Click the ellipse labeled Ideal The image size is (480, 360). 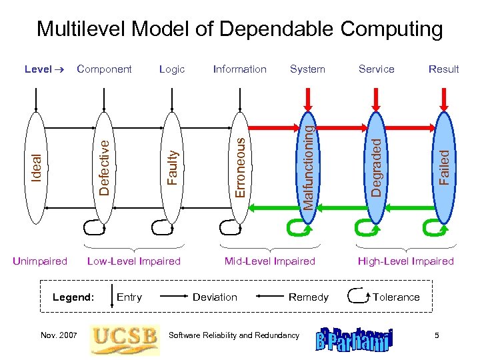coord(37,167)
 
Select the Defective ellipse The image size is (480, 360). coord(103,167)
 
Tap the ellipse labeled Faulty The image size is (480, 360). coord(172,167)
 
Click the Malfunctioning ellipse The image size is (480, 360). coord(307,167)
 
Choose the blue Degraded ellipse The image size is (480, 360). coord(376,167)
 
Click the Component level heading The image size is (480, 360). coord(104,69)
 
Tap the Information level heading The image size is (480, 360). coord(239,69)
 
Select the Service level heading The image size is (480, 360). coord(376,69)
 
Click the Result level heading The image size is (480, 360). coord(443,69)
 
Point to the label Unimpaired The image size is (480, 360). coord(40,261)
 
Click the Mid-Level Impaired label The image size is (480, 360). coord(269,261)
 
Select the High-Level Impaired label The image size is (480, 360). coord(405,261)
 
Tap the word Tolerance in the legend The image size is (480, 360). coord(396,297)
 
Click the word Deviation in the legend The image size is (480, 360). coord(215,297)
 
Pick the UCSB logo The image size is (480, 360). coord(125,335)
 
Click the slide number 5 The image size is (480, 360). coord(437,335)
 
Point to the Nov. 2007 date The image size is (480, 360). coord(59,335)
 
